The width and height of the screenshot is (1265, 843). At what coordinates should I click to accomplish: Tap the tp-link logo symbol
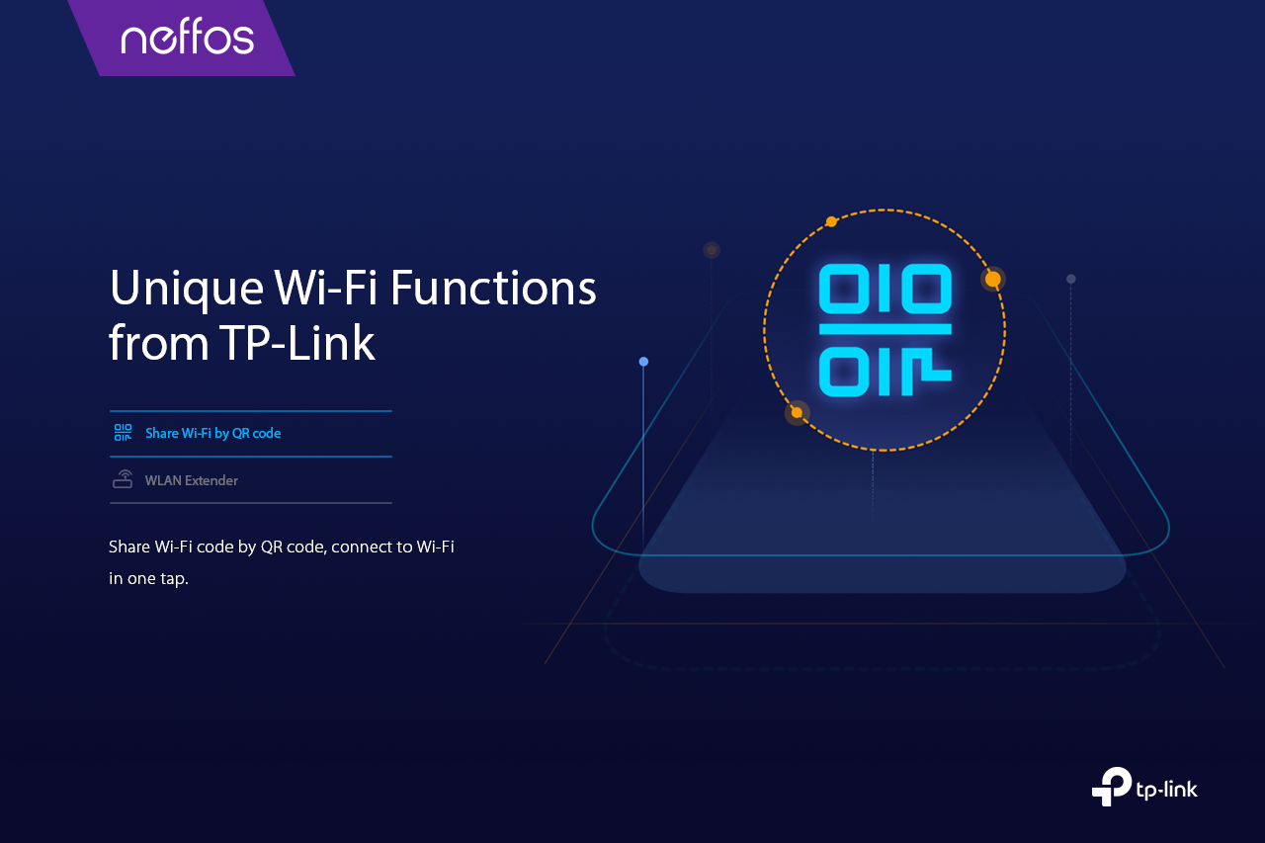[x=1112, y=786]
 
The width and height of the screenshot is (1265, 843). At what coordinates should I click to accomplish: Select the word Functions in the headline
[x=493, y=288]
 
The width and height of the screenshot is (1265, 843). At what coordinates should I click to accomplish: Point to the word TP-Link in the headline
[x=297, y=343]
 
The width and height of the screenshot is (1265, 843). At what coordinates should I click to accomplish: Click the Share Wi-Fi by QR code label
[x=212, y=433]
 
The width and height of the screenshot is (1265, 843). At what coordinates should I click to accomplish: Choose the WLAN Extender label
[x=192, y=480]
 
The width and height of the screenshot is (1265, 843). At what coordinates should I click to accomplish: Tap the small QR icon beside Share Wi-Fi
[x=124, y=433]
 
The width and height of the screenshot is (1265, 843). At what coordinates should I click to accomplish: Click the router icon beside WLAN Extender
[x=123, y=478]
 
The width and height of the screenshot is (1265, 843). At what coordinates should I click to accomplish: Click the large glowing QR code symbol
[x=885, y=330]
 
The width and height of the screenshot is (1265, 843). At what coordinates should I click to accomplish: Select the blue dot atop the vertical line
[x=643, y=362]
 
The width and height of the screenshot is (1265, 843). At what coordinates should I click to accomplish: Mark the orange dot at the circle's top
[x=831, y=221]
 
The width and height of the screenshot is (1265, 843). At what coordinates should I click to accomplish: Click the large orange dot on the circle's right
[x=993, y=279]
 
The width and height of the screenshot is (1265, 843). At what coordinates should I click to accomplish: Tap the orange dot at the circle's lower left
[x=797, y=413]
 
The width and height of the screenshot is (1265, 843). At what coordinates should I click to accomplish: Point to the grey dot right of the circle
[x=1070, y=279]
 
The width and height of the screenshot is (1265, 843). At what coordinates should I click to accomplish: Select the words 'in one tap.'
[x=148, y=579]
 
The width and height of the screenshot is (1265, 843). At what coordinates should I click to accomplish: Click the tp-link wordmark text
[x=1167, y=790]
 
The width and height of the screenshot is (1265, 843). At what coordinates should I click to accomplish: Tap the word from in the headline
[x=159, y=343]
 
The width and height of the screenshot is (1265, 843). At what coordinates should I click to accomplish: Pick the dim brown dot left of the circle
[x=712, y=250]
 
